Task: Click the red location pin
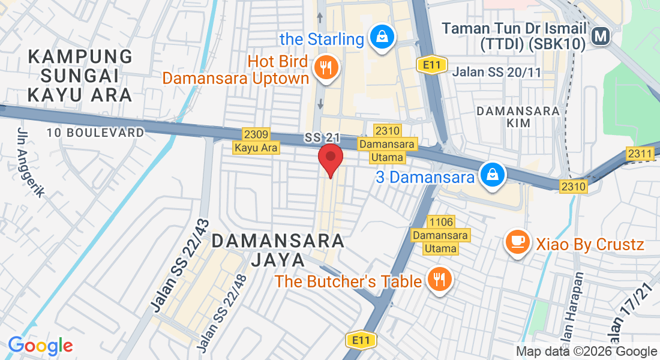(330, 159)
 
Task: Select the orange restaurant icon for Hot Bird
(326, 67)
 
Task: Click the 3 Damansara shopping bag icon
(492, 175)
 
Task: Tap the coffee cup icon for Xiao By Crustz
(517, 242)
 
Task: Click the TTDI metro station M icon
(600, 37)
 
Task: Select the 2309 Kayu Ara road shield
(257, 141)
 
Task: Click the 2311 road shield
(640, 154)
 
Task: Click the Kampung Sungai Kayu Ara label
(80, 76)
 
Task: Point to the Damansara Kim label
(518, 116)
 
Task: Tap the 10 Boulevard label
(96, 133)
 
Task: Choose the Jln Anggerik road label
(31, 163)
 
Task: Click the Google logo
(40, 346)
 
